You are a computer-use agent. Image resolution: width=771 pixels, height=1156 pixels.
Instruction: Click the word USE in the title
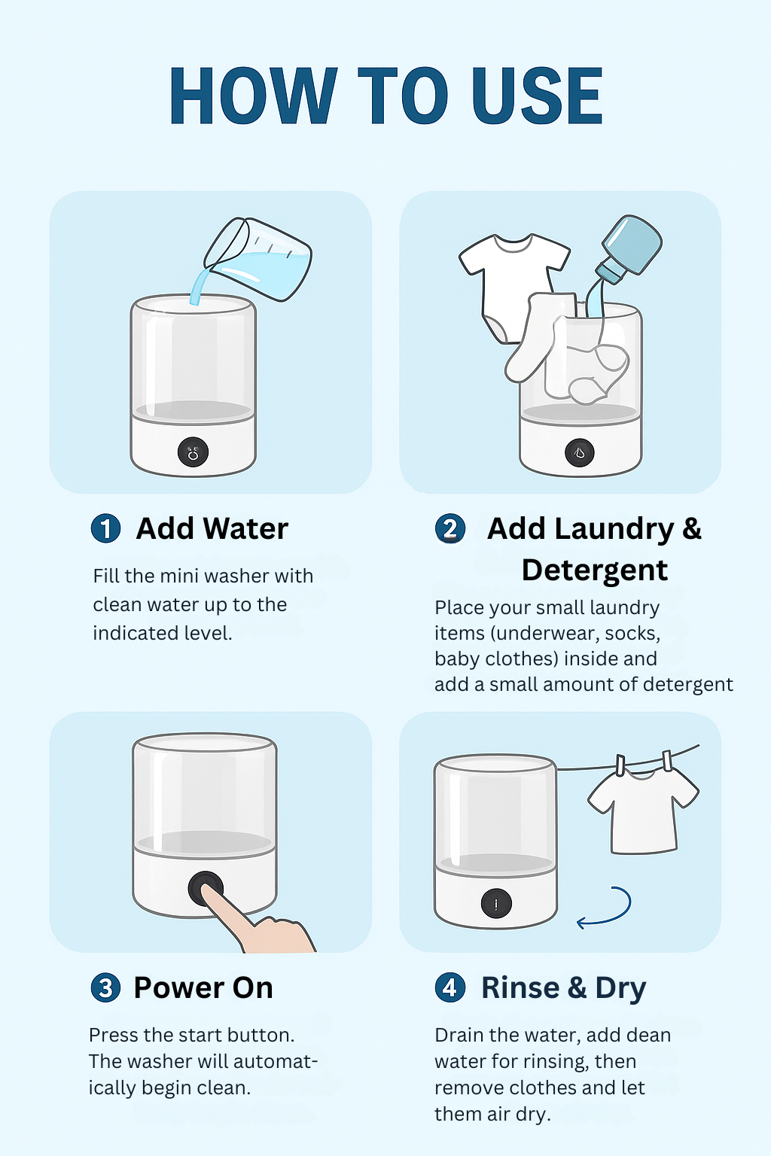pos(537,96)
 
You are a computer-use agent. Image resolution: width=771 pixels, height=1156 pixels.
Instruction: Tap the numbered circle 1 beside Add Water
pos(106,528)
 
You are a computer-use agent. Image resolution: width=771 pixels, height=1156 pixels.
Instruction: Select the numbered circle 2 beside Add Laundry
pos(449,529)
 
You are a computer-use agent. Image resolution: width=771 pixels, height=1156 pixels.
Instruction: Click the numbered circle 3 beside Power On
pos(105,987)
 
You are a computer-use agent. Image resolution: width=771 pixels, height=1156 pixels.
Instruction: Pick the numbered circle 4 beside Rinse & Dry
pos(449,987)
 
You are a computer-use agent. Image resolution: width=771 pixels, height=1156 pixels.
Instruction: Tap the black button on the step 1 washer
pos(194,452)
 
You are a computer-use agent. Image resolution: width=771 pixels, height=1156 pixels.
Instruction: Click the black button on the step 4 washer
pos(496,904)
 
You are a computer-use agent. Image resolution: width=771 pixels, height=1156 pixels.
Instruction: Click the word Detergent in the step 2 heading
pos(594,570)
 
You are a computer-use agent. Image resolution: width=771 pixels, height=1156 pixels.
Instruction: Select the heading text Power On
pos(203,987)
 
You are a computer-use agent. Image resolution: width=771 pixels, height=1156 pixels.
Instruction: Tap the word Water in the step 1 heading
pos(245,528)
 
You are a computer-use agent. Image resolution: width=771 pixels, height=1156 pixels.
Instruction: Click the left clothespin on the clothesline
pos(620,765)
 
